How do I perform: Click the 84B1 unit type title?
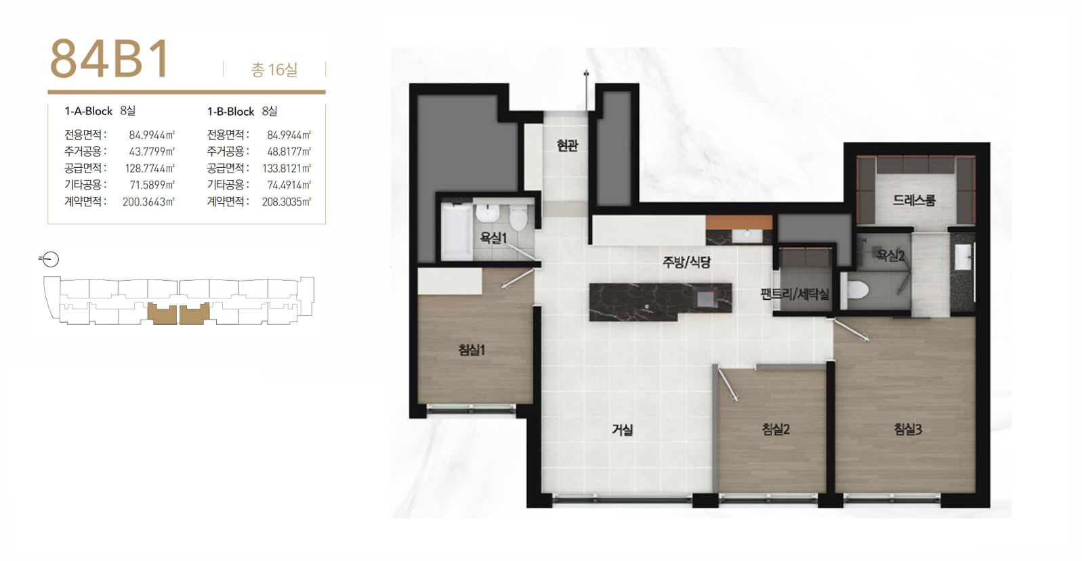pos(110,58)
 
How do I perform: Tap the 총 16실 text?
pos(274,70)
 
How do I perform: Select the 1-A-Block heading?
pos(88,112)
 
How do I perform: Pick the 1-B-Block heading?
pos(230,112)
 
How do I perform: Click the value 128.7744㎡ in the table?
pos(150,169)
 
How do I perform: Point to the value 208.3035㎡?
pos(287,202)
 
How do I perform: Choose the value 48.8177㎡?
pos(289,152)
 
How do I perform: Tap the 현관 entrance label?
pos(567,145)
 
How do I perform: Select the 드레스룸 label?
pos(914,200)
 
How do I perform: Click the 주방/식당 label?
pos(686,262)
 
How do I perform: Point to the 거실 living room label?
pos(622,429)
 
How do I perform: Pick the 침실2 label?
pos(776,429)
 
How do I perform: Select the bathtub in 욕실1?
pos(457,231)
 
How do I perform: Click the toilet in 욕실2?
pos(858,290)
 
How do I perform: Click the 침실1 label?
pos(472,350)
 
